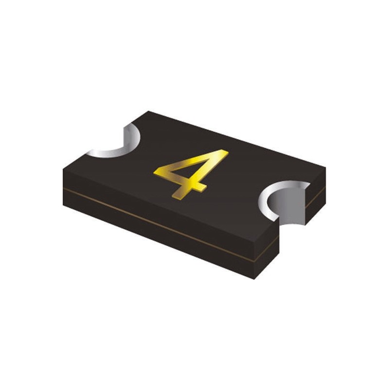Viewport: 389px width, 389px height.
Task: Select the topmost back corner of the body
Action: coord(148,111)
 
